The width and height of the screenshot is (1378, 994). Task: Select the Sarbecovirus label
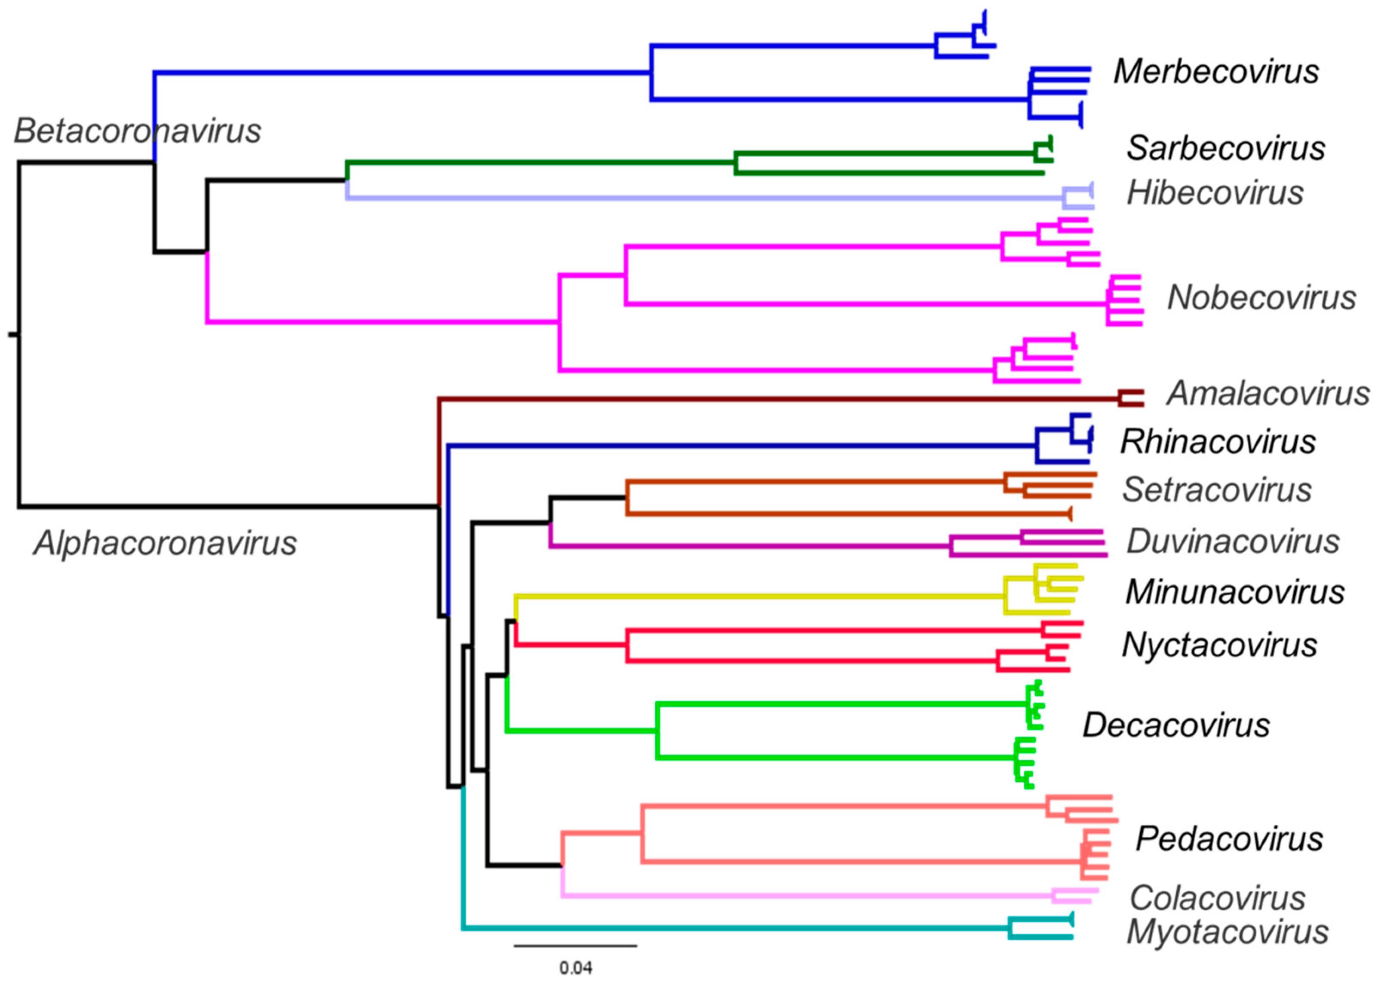point(1225,148)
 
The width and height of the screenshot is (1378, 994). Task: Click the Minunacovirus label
point(1234,592)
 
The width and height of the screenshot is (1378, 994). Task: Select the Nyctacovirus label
point(1219,645)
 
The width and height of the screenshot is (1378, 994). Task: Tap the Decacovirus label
point(1175,725)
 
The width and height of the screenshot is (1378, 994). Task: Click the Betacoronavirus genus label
point(137,131)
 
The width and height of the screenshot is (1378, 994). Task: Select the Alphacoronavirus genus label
point(165,543)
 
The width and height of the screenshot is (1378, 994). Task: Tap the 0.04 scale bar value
point(575,968)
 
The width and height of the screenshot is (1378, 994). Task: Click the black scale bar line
point(575,945)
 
